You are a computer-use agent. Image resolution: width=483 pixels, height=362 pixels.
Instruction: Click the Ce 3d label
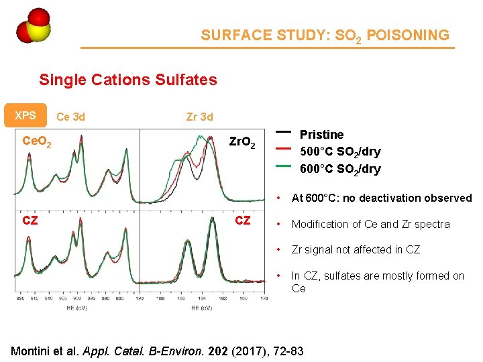click(x=70, y=117)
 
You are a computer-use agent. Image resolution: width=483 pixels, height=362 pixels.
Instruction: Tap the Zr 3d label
click(x=199, y=117)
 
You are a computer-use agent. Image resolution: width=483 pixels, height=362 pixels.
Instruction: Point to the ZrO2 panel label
click(x=242, y=143)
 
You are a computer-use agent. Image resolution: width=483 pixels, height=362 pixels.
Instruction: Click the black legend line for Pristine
click(x=282, y=131)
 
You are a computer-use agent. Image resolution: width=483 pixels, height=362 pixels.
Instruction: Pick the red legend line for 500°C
click(x=282, y=148)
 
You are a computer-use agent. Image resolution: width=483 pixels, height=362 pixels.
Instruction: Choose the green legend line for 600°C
click(x=282, y=166)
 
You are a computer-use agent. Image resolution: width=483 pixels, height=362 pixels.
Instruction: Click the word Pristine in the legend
click(x=321, y=134)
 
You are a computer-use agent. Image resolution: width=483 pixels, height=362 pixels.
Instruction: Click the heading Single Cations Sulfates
click(x=127, y=80)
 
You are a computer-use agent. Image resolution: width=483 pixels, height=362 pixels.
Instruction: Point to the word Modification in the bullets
click(x=321, y=224)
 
